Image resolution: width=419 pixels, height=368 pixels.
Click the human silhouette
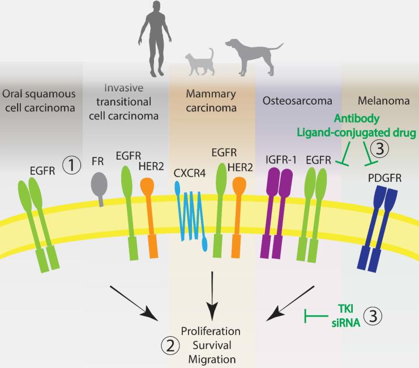click(153, 34)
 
